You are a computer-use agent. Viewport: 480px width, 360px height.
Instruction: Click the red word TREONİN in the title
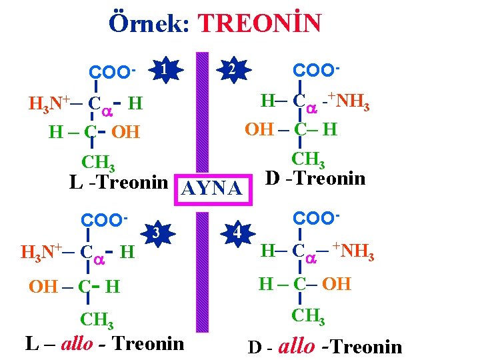(261, 24)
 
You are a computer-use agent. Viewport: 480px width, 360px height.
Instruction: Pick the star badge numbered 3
(155, 233)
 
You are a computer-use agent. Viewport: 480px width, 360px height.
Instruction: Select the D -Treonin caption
(315, 178)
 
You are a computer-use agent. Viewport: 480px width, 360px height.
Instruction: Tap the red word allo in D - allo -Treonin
(296, 346)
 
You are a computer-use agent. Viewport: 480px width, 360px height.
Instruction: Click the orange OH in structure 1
(125, 132)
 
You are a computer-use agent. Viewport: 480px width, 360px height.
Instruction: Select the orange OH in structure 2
(260, 128)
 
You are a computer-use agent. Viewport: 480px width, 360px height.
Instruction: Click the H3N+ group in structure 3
(41, 252)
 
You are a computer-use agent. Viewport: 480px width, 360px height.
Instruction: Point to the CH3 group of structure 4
(308, 315)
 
